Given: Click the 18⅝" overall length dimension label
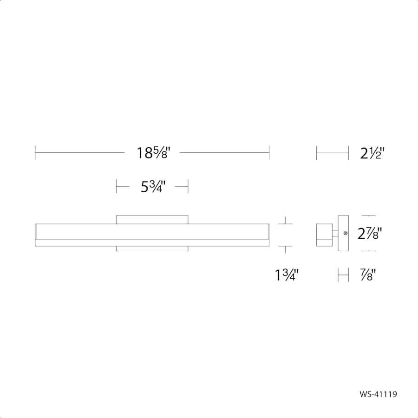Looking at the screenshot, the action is click(153, 153).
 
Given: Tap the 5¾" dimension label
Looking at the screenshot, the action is click(153, 187).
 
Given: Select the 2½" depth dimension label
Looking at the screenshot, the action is click(372, 153).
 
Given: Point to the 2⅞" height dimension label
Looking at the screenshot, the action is click(370, 233).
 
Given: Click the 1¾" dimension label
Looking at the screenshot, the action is click(287, 275).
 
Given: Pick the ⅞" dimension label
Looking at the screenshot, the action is click(368, 275).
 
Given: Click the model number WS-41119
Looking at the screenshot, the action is click(378, 394).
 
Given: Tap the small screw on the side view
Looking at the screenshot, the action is click(346, 233).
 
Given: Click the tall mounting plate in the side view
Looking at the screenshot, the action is click(343, 233).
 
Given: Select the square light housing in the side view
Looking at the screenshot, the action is click(324, 235).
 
